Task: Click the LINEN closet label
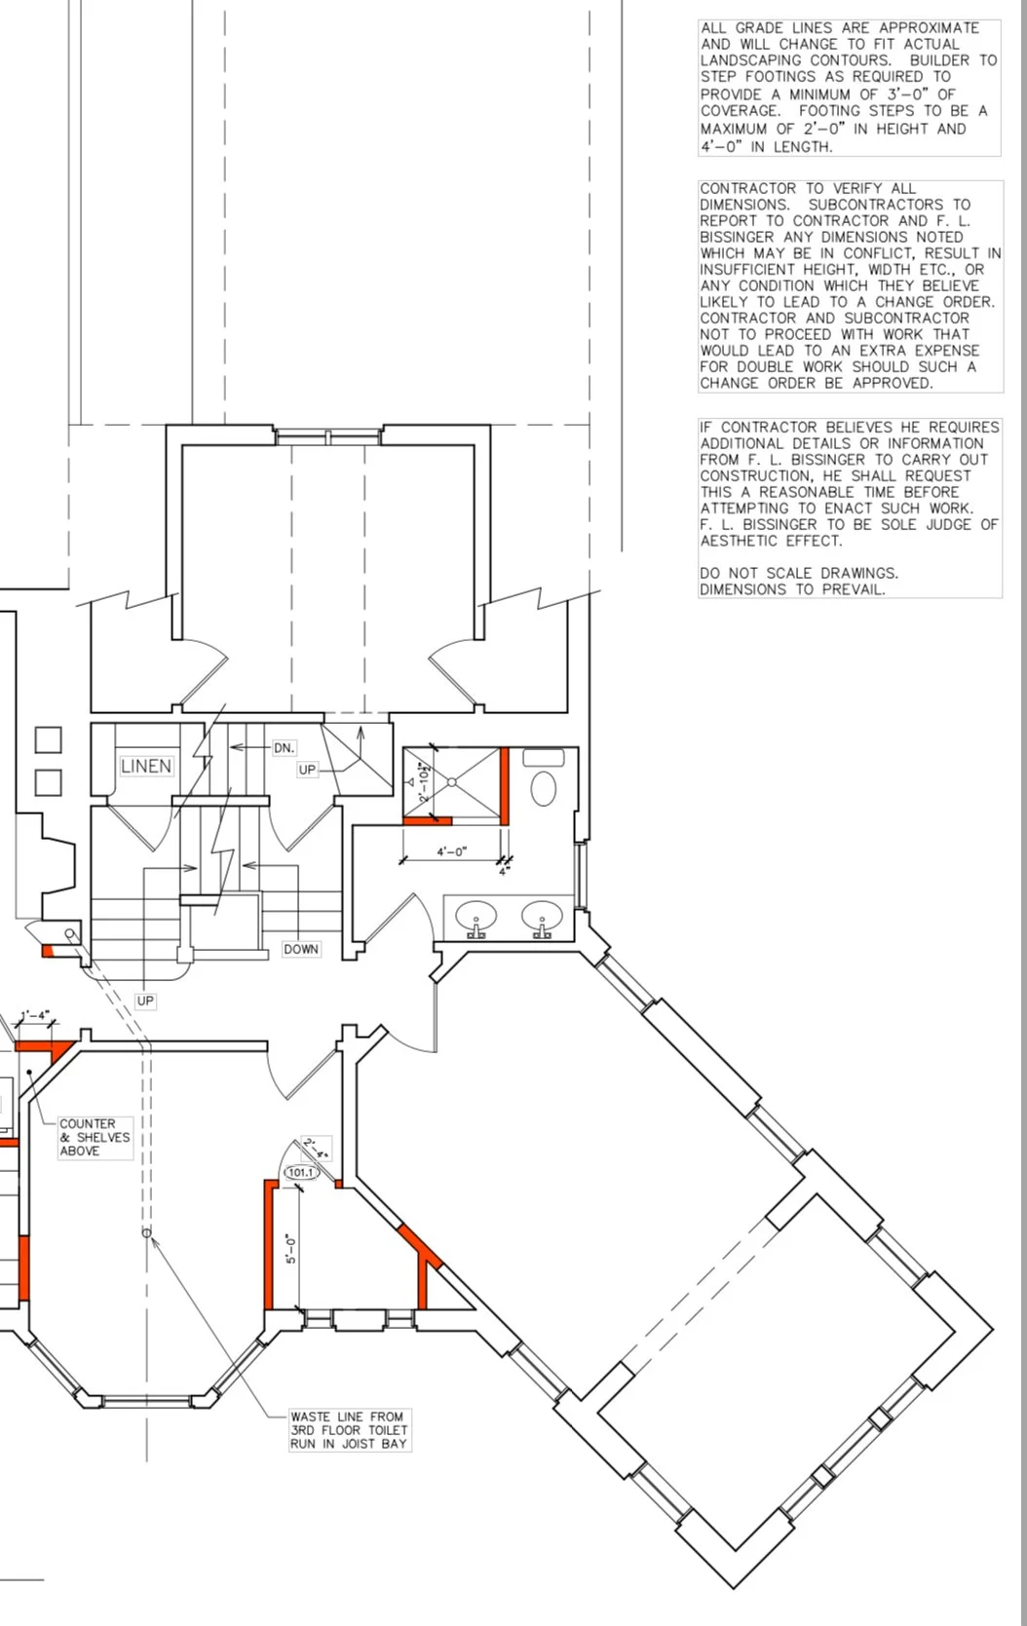146,766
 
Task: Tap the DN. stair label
284,747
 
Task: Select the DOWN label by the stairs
301,949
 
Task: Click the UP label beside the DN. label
307,770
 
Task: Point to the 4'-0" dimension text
451,851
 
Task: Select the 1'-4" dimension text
35,1015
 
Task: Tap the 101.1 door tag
300,1172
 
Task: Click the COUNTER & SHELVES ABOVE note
95,1138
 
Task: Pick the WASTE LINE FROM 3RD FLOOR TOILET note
349,1430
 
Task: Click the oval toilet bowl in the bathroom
544,788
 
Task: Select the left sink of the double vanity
476,916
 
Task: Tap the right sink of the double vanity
542,916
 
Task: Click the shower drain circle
451,781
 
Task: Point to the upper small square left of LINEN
49,739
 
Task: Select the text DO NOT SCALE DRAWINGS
799,573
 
